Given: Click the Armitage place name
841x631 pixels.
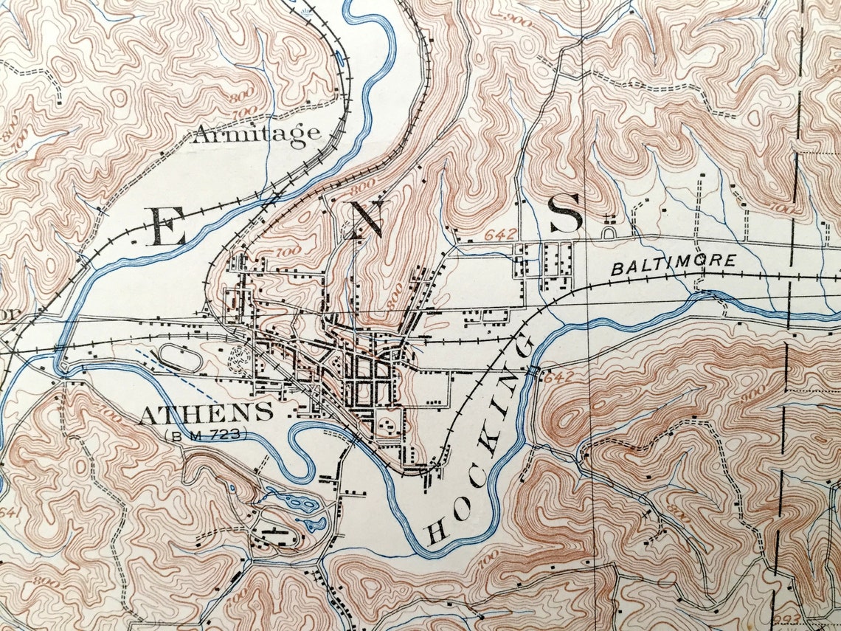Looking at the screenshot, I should [257, 134].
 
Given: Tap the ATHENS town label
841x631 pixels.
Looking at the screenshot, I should [206, 413].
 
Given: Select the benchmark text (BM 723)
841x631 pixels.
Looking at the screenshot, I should [207, 435].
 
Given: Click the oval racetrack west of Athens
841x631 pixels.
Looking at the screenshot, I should [181, 357].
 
